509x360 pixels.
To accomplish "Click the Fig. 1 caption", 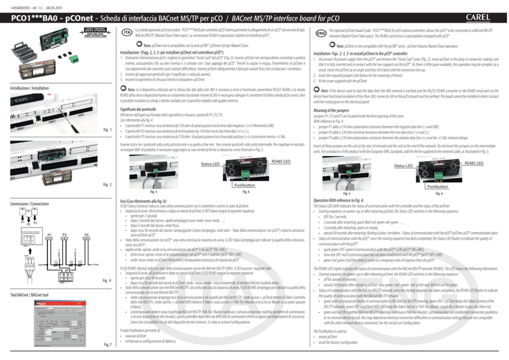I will (108, 129).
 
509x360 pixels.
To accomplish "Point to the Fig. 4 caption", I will (107, 280).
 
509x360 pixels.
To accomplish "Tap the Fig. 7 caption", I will (108, 344).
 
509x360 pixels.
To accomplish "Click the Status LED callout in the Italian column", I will (210, 164).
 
